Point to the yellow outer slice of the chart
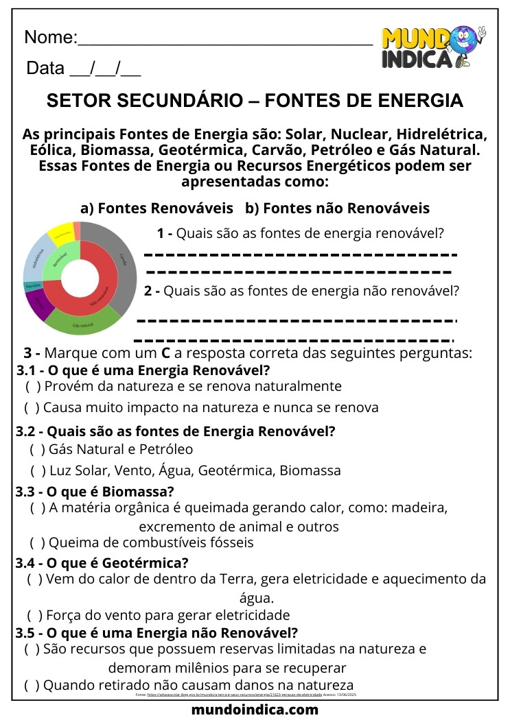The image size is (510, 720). point(62,232)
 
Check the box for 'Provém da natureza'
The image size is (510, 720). point(32,386)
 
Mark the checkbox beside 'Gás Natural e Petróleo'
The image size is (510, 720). point(37,450)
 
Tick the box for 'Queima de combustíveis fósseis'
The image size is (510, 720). point(37,543)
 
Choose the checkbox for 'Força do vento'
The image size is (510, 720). point(34,615)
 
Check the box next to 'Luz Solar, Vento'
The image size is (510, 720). point(37,471)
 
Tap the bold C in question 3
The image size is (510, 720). point(165,355)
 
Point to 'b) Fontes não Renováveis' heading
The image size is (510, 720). point(337,208)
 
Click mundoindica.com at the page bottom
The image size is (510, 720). point(255,709)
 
